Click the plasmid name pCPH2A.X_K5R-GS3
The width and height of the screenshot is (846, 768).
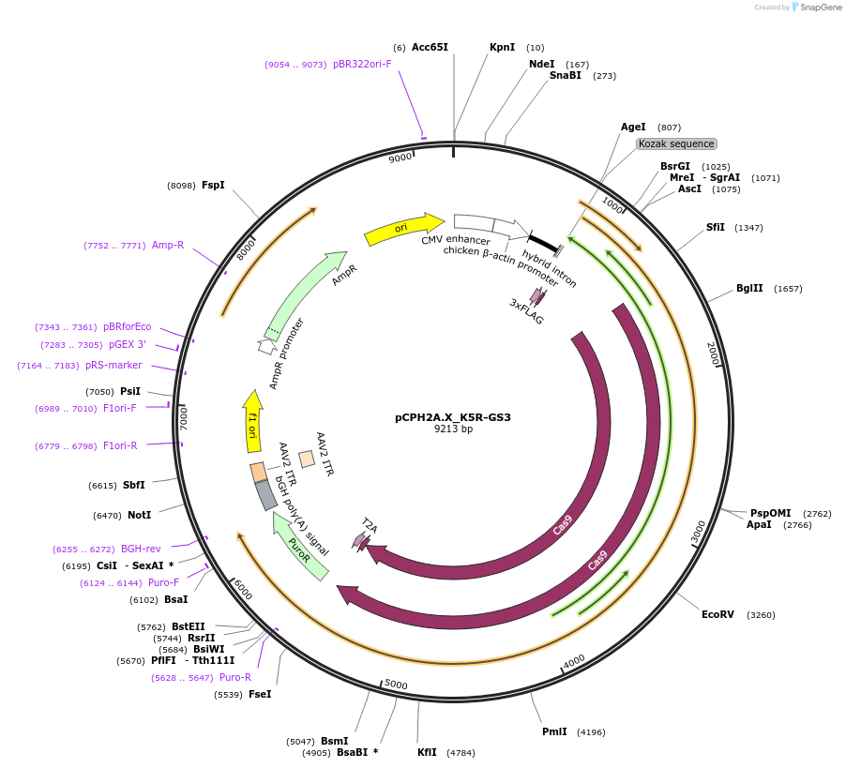point(453,417)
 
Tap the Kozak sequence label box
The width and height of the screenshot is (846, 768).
point(676,143)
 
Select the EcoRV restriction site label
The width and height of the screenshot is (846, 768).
point(718,614)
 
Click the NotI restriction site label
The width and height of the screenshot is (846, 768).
point(139,515)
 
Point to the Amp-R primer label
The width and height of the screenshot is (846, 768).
point(168,246)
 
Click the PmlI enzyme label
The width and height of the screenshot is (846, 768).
point(555,731)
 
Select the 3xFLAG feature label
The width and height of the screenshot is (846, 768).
point(526,312)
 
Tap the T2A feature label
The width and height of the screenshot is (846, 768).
point(370,528)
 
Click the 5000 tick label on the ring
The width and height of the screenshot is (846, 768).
point(397,685)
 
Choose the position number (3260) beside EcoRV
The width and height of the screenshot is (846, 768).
point(762,615)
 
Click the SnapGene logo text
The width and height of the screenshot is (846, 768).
point(821,8)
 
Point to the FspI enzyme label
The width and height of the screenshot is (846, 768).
point(213,186)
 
